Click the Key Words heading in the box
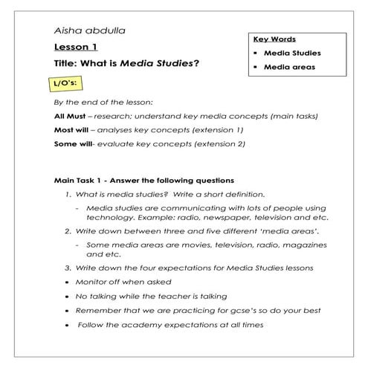(x=274, y=39)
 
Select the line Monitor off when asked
(x=124, y=282)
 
